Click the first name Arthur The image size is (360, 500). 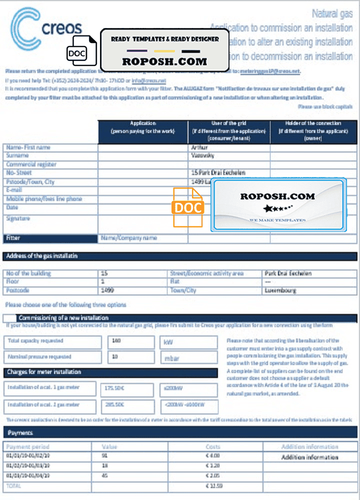click(199, 147)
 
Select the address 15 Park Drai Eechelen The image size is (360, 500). click(218, 173)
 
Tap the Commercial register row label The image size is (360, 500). click(31, 164)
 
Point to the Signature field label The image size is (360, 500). click(18, 218)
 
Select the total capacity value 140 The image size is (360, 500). click(117, 341)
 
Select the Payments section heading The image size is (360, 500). click(20, 432)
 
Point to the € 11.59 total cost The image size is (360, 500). click(213, 485)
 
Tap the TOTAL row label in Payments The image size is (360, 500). click(14, 485)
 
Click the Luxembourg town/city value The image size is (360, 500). click(280, 290)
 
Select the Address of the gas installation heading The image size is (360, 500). click(42, 256)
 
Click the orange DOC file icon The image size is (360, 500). click(188, 206)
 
